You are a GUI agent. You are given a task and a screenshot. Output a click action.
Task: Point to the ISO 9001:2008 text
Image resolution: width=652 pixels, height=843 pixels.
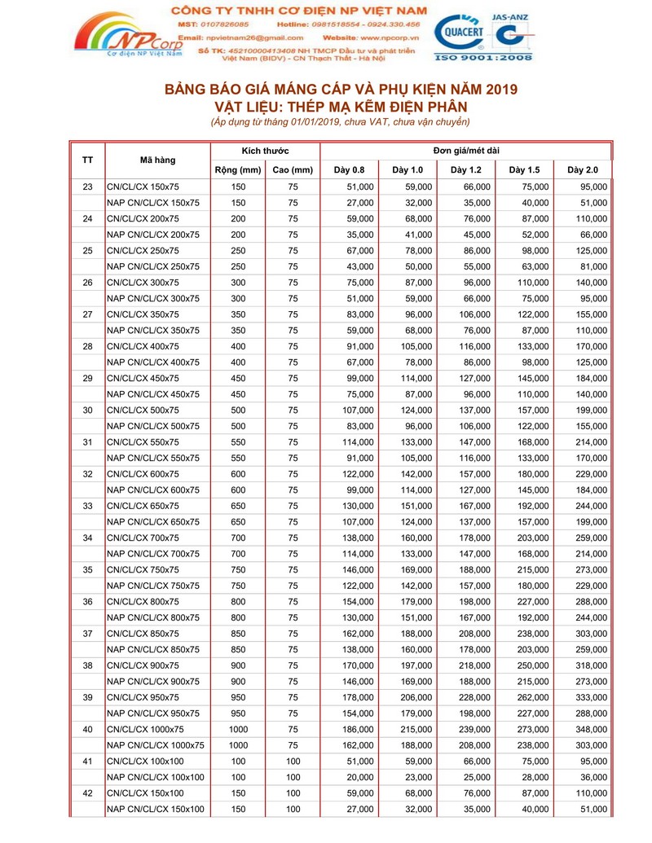[x=484, y=58]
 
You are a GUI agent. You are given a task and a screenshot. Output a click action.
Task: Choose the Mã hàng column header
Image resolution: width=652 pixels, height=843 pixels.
[x=157, y=160]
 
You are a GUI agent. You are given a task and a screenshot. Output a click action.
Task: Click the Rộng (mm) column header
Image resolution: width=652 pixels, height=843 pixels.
[x=238, y=169]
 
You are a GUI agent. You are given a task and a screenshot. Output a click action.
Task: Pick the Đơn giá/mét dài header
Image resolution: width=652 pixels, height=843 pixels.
[x=466, y=151]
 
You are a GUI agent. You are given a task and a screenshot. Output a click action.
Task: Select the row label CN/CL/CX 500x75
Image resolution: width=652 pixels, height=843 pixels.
[x=143, y=410]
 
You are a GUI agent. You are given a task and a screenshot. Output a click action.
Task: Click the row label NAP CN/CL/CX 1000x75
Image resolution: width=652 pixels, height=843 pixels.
[x=156, y=744]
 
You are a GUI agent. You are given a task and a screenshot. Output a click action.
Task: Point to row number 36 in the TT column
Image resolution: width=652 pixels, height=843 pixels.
[x=88, y=601]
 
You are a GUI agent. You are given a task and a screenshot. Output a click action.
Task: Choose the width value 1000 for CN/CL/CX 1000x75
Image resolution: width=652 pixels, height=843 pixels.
[x=238, y=729]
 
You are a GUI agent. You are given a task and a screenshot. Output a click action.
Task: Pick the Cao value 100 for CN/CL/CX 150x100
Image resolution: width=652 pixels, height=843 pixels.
[x=293, y=793]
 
